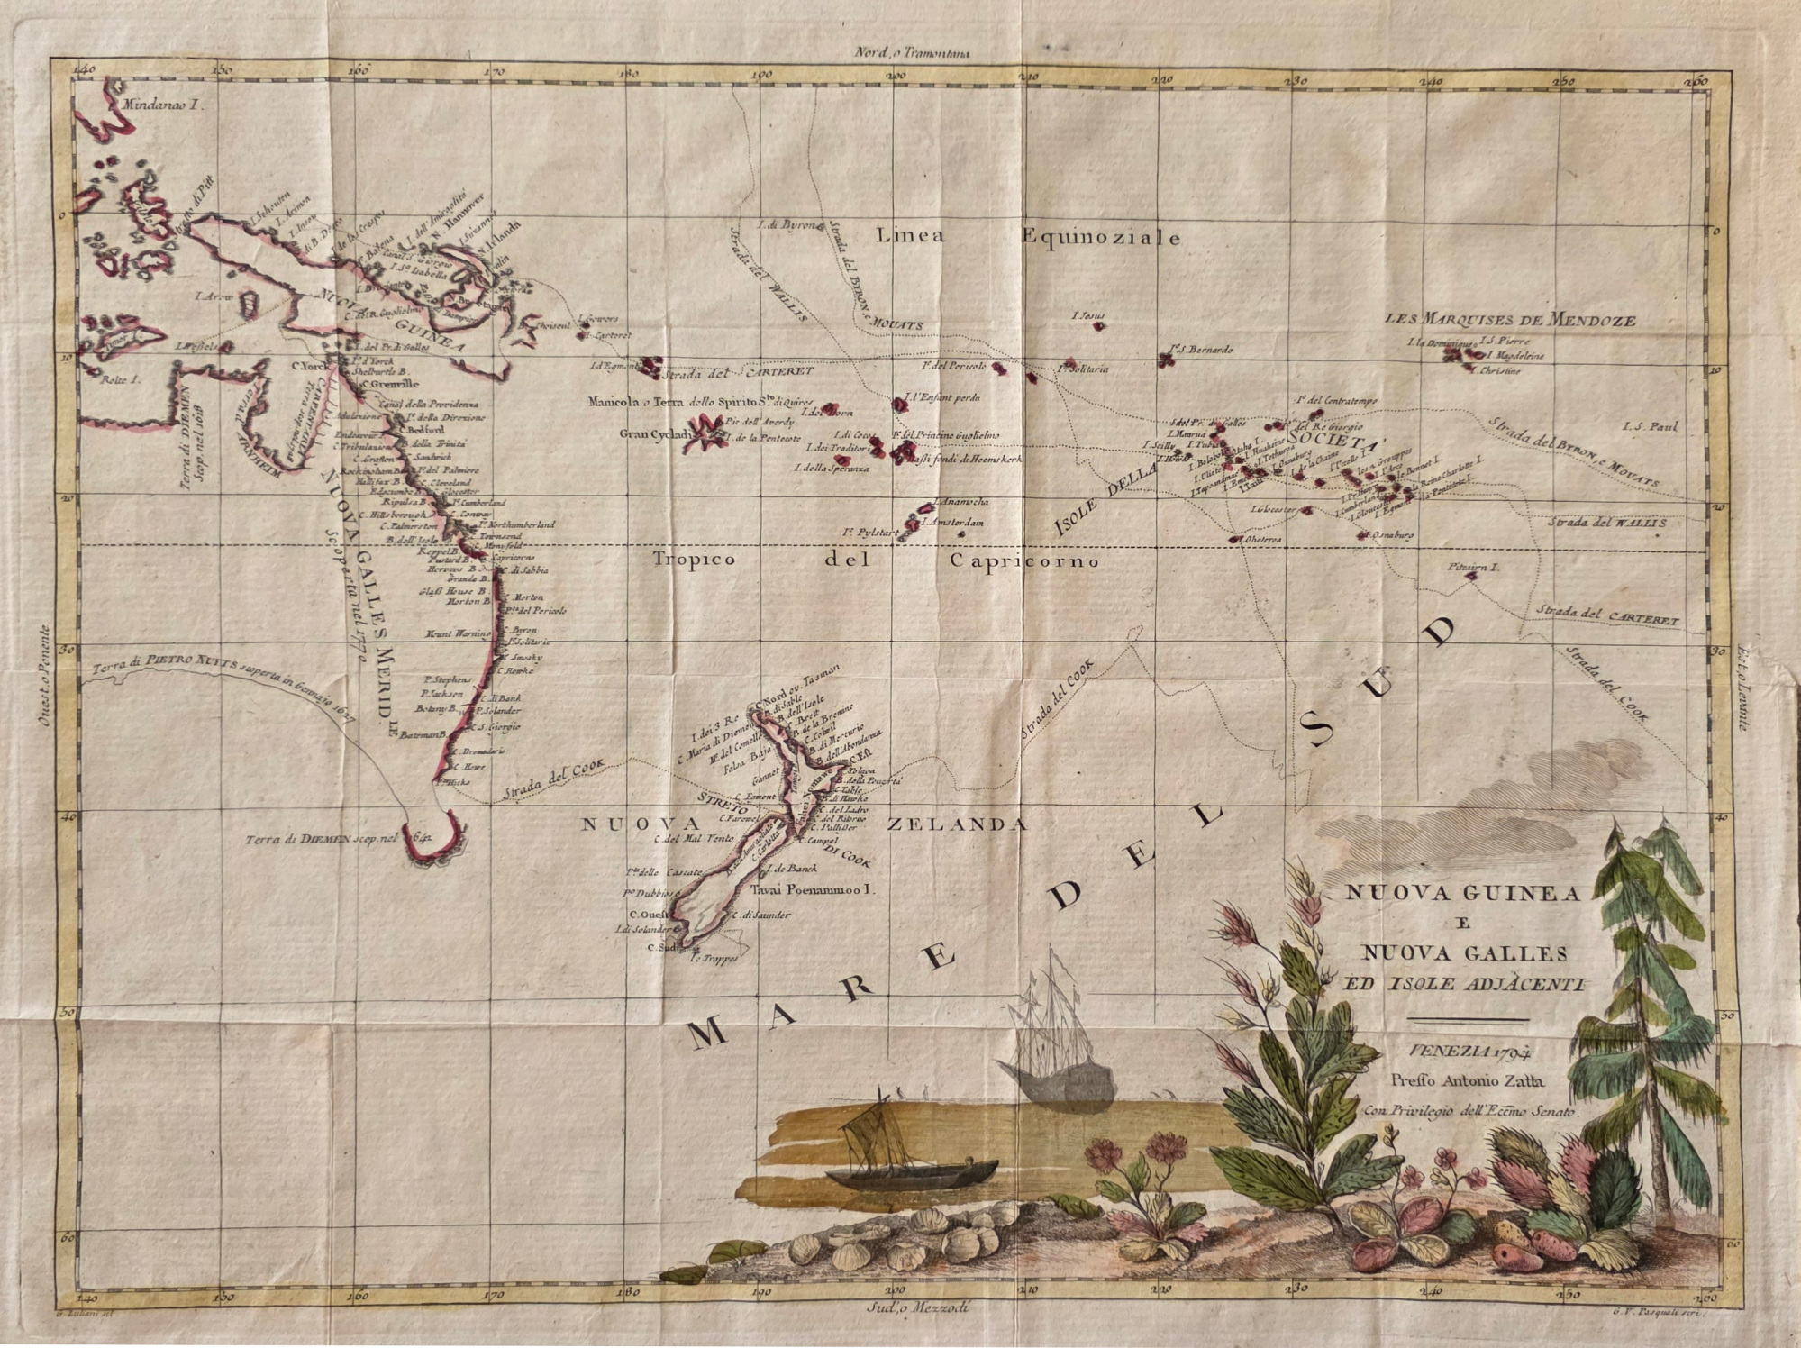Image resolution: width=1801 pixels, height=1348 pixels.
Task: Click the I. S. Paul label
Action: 1651,426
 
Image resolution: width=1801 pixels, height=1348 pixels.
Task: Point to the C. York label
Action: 306,366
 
